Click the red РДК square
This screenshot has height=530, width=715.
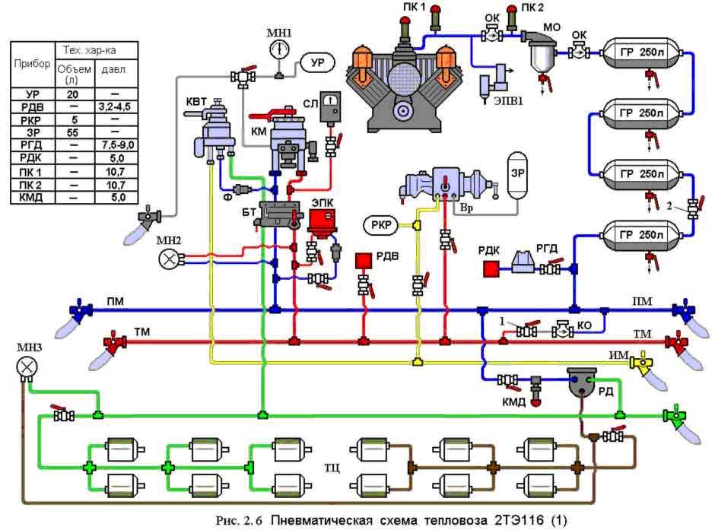click(490, 268)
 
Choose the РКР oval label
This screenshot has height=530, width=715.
click(380, 224)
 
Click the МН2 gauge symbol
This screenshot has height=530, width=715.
click(167, 259)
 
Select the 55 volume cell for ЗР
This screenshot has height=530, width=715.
click(73, 132)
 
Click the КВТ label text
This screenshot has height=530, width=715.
click(195, 101)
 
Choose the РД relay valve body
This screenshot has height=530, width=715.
click(583, 382)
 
